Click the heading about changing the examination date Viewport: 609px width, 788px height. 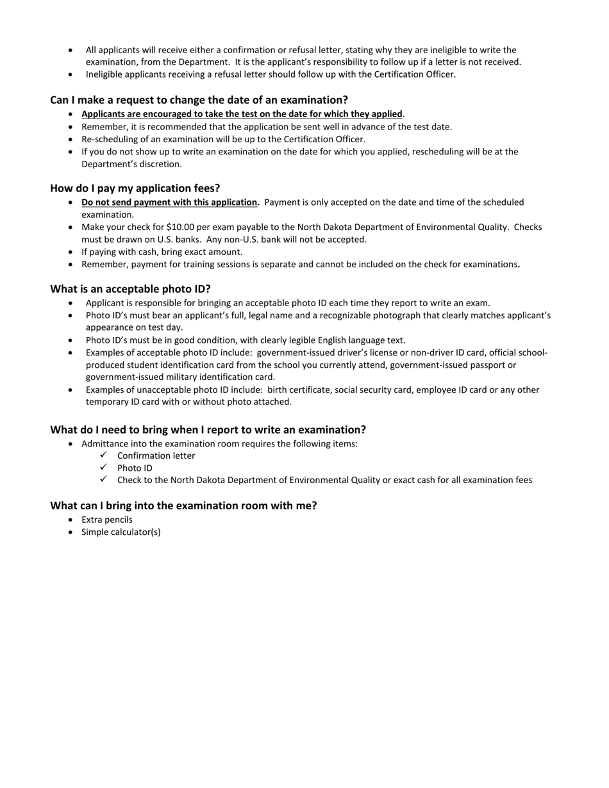(x=199, y=100)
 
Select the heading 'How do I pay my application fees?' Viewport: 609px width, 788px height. (x=135, y=188)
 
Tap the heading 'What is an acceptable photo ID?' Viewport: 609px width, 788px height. (x=130, y=289)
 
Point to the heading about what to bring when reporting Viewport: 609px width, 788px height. (x=208, y=429)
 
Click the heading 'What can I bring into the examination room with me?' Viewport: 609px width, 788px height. (x=183, y=505)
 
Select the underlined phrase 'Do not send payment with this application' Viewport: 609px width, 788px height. (x=169, y=202)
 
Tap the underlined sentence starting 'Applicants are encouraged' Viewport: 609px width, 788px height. (x=242, y=114)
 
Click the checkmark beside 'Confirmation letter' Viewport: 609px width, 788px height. (x=104, y=455)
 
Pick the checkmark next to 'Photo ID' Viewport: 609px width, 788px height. (x=104, y=467)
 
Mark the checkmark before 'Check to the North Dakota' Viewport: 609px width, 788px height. (x=104, y=479)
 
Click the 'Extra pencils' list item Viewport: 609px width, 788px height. (x=107, y=520)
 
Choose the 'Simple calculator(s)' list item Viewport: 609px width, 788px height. (x=121, y=532)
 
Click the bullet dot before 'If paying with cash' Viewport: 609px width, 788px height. (x=71, y=252)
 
